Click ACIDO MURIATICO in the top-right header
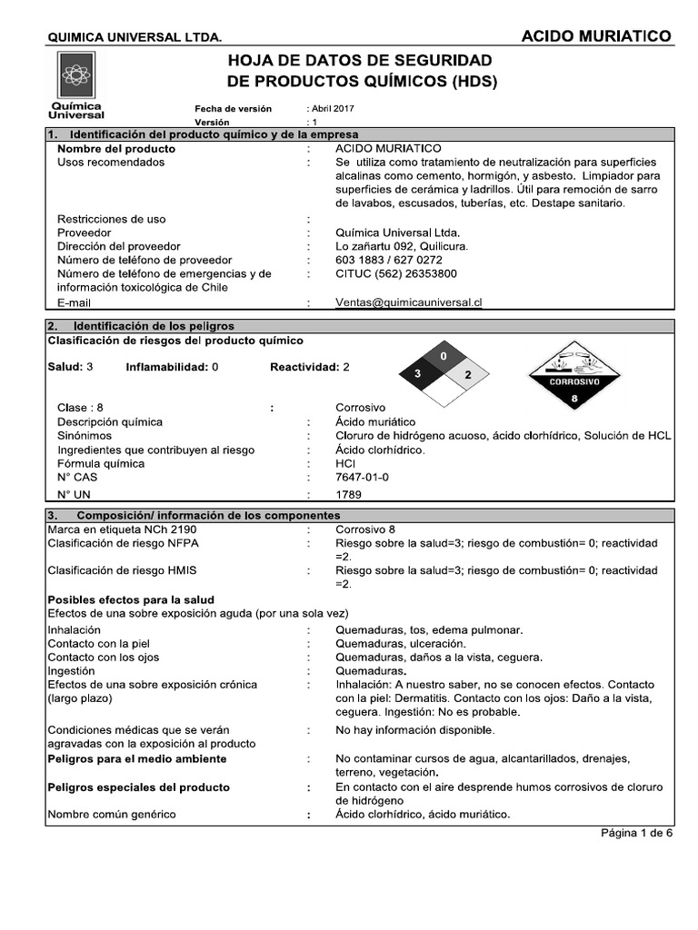(596, 36)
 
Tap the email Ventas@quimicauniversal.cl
(408, 303)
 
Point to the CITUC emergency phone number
(395, 273)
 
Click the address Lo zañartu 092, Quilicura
(402, 246)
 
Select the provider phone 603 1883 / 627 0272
(388, 260)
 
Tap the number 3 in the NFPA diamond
(418, 374)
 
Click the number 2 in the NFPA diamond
(467, 374)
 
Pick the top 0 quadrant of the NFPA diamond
(443, 356)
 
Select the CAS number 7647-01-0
(362, 477)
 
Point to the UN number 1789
(348, 495)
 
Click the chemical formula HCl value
(344, 463)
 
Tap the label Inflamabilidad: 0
(172, 368)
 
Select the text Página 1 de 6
(636, 833)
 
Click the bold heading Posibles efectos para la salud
(130, 599)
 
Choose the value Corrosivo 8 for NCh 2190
(365, 529)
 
